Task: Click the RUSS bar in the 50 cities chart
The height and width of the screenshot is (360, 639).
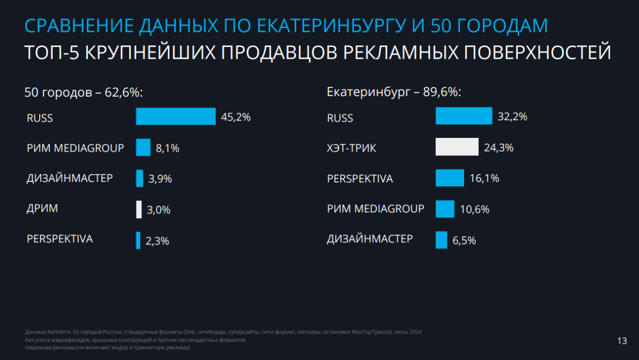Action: click(x=176, y=117)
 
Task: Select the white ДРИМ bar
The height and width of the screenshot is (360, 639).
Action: click(x=139, y=210)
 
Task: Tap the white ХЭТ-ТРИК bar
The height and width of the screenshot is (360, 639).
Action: click(x=457, y=147)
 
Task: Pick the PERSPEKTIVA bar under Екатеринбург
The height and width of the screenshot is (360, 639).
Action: click(x=450, y=178)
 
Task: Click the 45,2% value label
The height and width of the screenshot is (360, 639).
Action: click(x=235, y=117)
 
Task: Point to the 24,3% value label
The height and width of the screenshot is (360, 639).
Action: click(x=498, y=147)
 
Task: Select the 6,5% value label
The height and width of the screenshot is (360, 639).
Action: click(x=464, y=240)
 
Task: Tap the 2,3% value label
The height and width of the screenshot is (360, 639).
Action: click(x=157, y=241)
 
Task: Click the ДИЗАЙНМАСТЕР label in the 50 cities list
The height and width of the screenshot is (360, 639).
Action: click(x=70, y=178)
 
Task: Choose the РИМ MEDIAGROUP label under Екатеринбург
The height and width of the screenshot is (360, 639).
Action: click(x=375, y=209)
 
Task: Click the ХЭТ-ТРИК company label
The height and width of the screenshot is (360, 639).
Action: click(x=352, y=148)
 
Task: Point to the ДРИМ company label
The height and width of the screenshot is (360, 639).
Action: click(x=42, y=209)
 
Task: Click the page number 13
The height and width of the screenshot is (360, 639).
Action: click(x=622, y=341)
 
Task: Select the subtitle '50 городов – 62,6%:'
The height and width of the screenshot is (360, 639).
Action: click(x=84, y=92)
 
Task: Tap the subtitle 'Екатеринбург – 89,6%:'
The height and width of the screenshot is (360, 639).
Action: click(x=393, y=92)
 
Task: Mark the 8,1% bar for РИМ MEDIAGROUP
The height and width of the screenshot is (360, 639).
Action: click(x=143, y=147)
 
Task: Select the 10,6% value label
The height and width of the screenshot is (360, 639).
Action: click(x=474, y=209)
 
